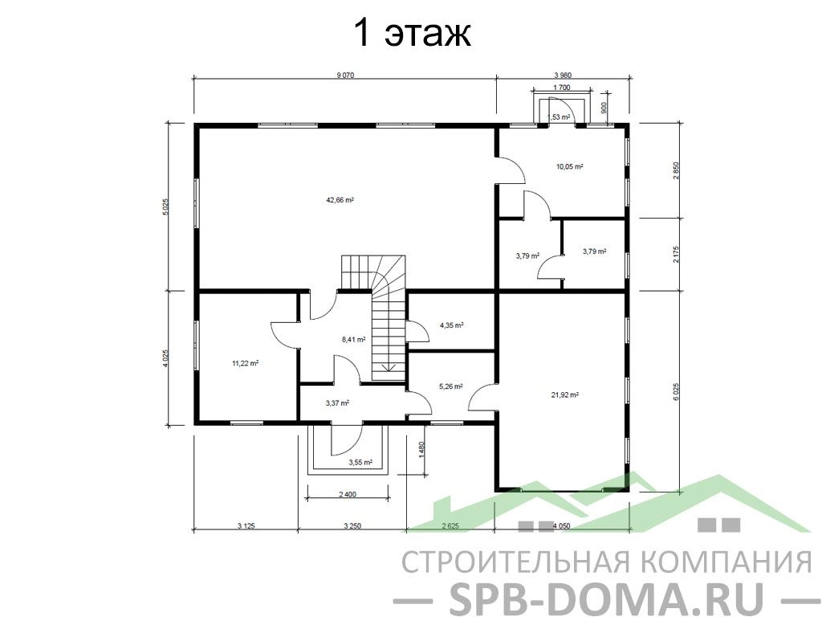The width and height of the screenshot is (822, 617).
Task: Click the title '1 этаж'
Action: (x=413, y=34)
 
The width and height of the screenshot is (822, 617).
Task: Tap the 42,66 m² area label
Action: (x=340, y=200)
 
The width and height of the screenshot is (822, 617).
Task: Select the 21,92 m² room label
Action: (x=564, y=395)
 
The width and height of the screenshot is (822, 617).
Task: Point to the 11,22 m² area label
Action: (x=245, y=362)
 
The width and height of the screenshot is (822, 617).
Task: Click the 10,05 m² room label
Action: (x=570, y=167)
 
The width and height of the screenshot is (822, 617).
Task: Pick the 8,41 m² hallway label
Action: (x=353, y=340)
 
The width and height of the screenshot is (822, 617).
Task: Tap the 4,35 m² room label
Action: (x=451, y=325)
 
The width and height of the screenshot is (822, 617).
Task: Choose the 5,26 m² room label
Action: (x=450, y=386)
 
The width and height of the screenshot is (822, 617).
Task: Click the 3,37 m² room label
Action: (x=337, y=403)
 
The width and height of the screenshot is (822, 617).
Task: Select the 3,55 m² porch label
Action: (x=360, y=463)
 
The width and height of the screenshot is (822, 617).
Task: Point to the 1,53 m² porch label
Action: (x=559, y=117)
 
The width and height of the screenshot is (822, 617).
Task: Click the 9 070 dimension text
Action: (x=345, y=75)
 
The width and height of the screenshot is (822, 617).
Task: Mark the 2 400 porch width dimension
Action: (x=348, y=494)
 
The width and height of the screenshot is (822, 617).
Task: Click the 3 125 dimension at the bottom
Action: (x=246, y=525)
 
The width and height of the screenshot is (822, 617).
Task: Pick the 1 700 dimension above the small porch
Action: (x=561, y=88)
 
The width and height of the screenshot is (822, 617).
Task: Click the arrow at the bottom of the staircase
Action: (x=389, y=366)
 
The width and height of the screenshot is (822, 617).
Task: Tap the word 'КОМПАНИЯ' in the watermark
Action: (x=726, y=562)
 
